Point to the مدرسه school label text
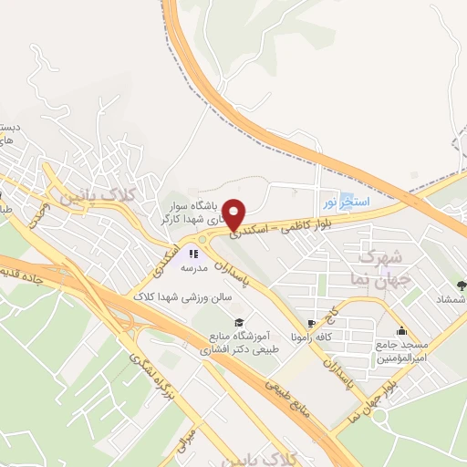[193, 268]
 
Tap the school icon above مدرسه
[193, 254]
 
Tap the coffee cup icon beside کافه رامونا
[311, 323]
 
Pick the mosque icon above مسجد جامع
[400, 330]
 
